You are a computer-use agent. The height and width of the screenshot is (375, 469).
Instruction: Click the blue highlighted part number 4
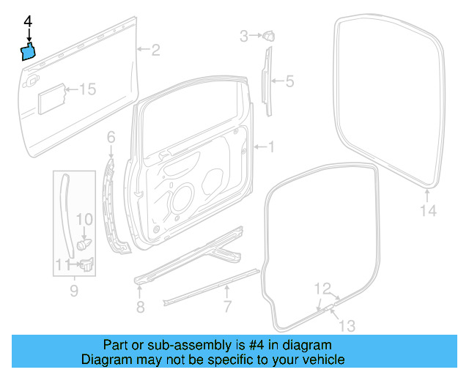pos(27,51)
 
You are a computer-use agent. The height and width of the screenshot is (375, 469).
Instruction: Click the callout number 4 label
pos(29,22)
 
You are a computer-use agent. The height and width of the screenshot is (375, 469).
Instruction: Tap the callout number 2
pos(155,50)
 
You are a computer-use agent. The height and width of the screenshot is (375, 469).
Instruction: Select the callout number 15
pos(87,89)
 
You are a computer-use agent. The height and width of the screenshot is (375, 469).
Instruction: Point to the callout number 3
pos(245,34)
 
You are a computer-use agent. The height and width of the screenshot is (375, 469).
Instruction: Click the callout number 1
pos(270,147)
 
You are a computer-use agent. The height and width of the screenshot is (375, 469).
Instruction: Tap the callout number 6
pos(111,137)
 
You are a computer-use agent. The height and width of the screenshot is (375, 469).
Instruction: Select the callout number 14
pos(428,211)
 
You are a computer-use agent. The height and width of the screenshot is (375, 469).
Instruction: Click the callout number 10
pos(84,219)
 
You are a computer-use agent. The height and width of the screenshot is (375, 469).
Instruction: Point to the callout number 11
pos(63,264)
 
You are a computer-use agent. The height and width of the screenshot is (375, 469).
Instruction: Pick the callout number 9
pos(73,292)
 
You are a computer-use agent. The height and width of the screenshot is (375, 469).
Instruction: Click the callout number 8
pos(140,305)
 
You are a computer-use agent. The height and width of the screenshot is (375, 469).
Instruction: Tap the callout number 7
pos(227,305)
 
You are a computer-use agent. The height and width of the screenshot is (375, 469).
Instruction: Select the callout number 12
pos(322,288)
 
